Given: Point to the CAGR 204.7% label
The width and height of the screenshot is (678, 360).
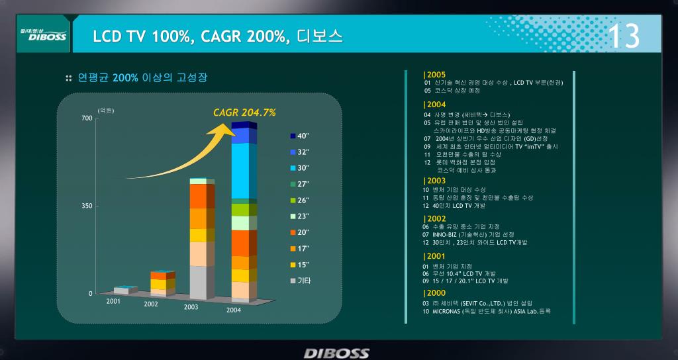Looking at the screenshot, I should [x=244, y=112].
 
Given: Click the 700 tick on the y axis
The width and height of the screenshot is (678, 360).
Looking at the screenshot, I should [x=87, y=118].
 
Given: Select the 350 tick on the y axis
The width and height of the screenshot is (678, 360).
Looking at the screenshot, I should [x=87, y=206].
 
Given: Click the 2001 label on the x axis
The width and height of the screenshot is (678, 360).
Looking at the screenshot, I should [x=113, y=301].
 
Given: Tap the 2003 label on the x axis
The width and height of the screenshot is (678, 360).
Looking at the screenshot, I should [x=191, y=307].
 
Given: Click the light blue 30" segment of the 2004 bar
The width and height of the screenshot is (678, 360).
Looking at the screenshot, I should [x=244, y=171].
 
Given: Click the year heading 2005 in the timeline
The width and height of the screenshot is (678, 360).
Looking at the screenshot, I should [x=435, y=74].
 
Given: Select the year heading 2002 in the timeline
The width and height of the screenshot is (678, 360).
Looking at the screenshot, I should [x=435, y=218].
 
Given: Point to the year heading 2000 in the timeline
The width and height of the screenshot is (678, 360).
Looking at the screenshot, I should [x=435, y=293].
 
